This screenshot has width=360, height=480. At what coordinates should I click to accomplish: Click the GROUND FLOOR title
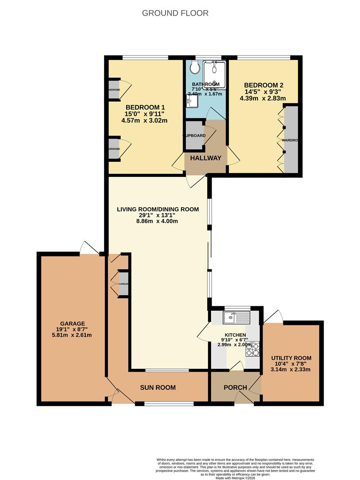(x=175, y=13)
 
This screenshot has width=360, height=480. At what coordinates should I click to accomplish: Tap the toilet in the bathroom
(x=194, y=68)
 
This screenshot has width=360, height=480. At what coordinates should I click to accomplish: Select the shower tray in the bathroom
(x=214, y=74)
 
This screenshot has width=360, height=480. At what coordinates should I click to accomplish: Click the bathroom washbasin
(x=192, y=102)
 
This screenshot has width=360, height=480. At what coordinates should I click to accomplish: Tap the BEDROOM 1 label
(x=145, y=107)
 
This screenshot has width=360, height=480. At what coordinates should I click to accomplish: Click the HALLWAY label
(x=205, y=158)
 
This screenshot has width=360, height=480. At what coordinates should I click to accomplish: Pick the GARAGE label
(x=72, y=323)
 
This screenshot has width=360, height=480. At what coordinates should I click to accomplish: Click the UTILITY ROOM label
(x=291, y=358)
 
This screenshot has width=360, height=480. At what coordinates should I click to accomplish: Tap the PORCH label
(x=235, y=388)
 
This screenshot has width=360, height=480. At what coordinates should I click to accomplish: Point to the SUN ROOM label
(x=158, y=388)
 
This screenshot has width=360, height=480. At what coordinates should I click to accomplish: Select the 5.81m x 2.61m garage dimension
(x=72, y=336)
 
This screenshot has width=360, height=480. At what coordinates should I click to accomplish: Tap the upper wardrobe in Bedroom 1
(x=114, y=89)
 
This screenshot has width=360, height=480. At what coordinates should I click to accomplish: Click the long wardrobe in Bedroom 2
(x=291, y=140)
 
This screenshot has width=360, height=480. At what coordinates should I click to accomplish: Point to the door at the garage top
(x=89, y=248)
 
